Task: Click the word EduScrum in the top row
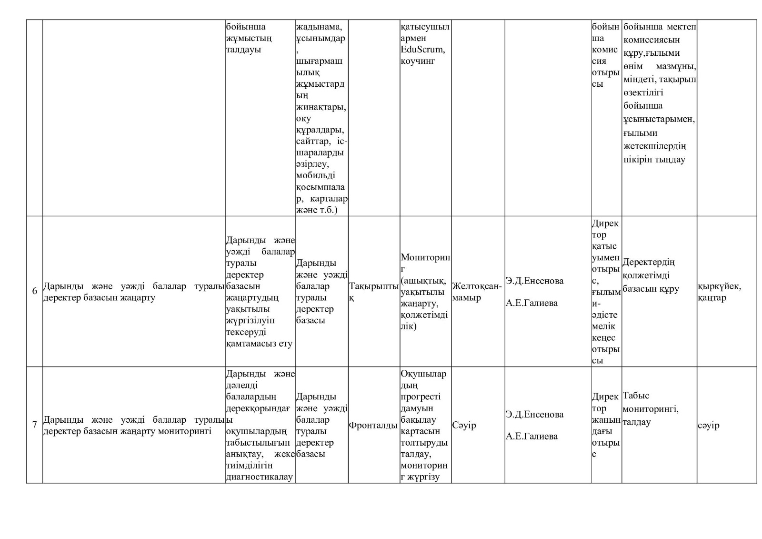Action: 423,49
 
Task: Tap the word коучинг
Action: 418,61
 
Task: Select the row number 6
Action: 34,291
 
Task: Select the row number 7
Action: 34,425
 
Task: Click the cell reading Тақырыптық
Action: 373,291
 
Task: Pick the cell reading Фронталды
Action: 373,425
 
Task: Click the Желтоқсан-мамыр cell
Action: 477,292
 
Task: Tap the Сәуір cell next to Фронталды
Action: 464,425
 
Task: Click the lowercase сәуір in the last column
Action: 709,425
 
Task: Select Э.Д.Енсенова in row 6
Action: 534,281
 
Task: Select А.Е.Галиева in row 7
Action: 531,436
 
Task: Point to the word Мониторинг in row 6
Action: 425,258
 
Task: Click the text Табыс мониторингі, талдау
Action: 650,409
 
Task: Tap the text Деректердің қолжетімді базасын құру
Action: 651,275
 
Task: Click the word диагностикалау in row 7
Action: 259,477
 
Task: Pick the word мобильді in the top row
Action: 315,175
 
